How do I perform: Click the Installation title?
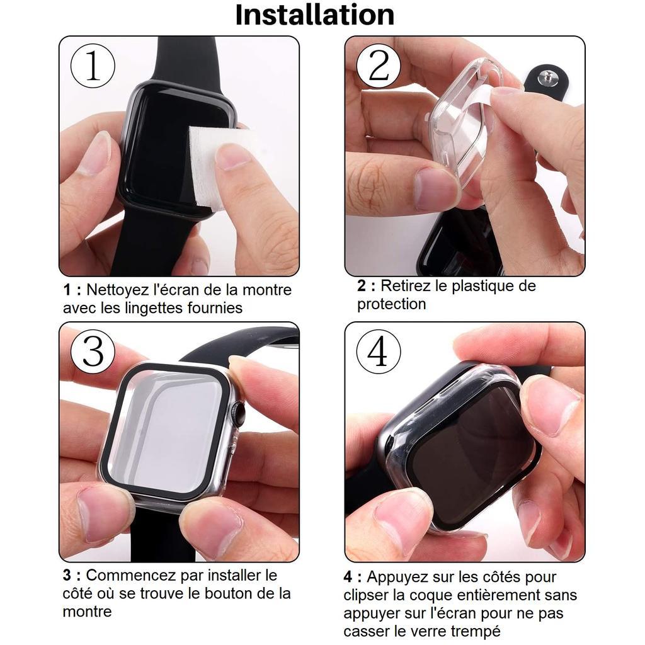[x=315, y=15]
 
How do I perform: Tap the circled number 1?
[x=93, y=66]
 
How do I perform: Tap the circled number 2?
[x=379, y=66]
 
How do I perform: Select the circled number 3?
[x=93, y=351]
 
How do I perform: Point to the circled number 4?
[x=378, y=351]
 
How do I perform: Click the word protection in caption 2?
[x=391, y=304]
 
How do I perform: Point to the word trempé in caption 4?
[x=477, y=631]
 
